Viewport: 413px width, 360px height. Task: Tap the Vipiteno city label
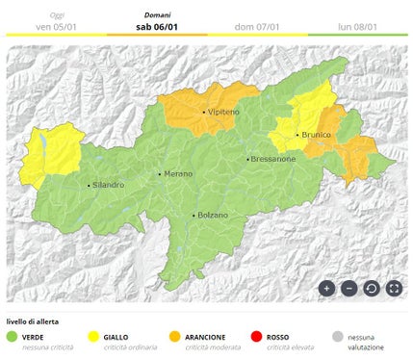pos(222,113)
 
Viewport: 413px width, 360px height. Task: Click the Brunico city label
pos(315,136)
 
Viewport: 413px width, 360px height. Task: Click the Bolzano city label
pos(213,216)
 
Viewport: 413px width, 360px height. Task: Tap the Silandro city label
pos(109,185)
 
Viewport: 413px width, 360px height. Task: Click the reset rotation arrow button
pos(371,288)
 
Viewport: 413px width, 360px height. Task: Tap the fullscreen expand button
pos(393,288)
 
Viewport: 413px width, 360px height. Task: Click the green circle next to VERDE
pos(13,338)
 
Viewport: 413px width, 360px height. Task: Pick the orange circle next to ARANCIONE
pos(174,338)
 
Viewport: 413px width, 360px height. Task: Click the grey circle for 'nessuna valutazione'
pos(336,338)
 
